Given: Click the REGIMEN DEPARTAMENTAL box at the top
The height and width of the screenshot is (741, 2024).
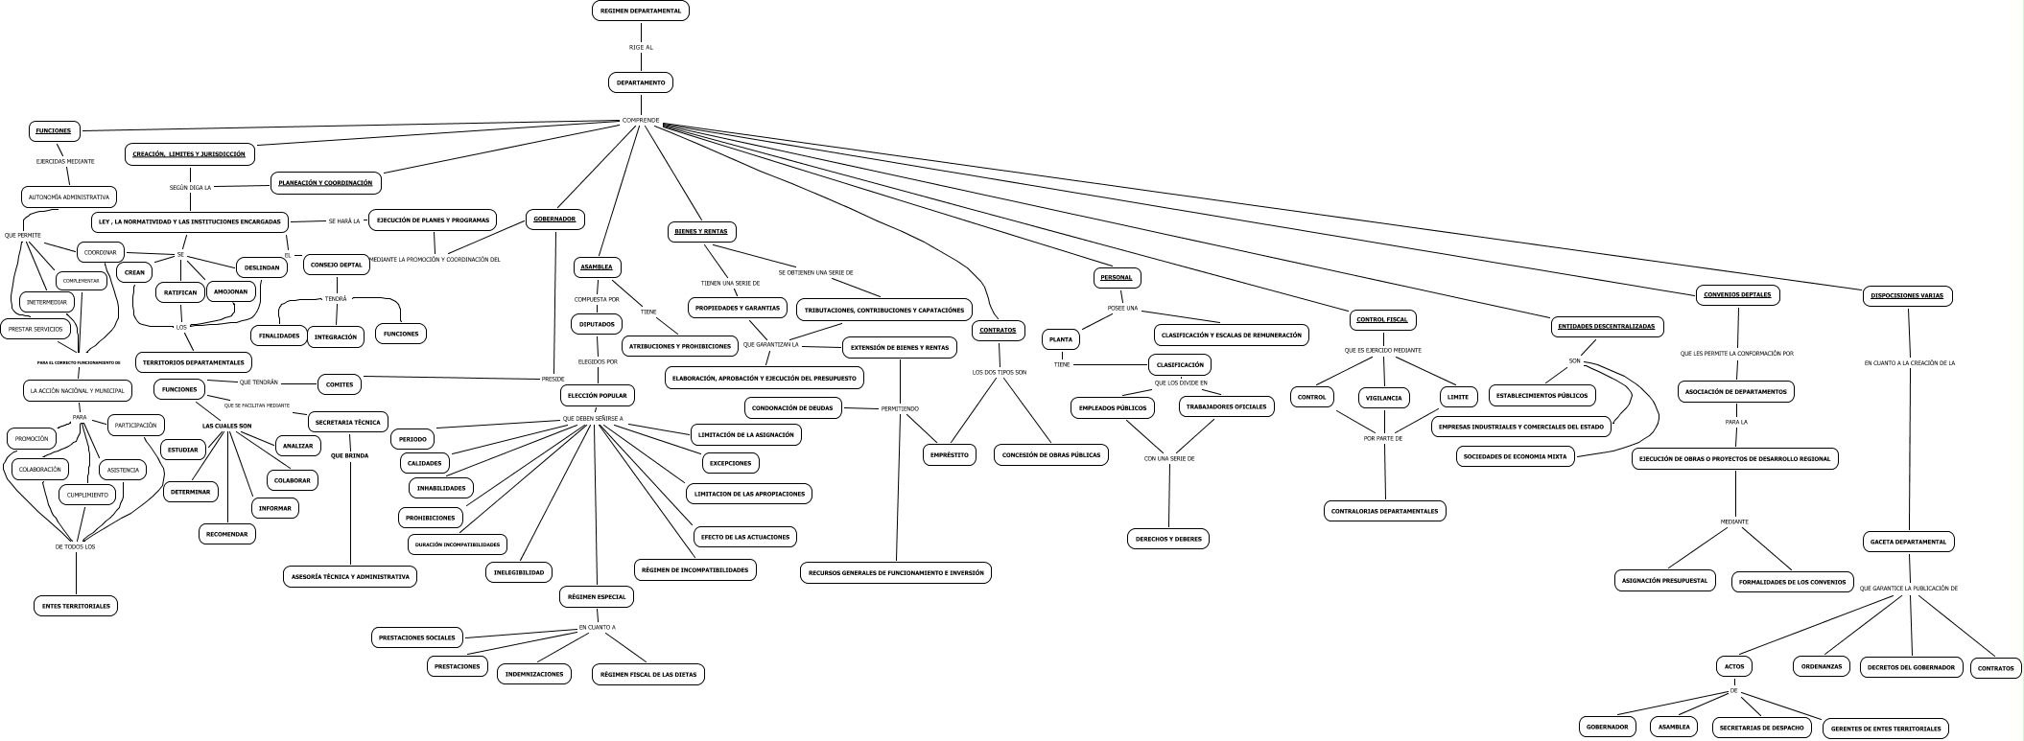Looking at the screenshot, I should (640, 11).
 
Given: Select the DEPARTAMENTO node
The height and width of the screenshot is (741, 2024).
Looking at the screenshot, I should (641, 82).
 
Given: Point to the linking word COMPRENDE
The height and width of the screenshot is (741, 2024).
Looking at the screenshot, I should (641, 120).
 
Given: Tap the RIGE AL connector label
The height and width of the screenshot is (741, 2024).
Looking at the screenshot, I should (641, 47).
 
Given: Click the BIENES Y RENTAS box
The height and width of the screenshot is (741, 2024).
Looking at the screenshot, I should (701, 231).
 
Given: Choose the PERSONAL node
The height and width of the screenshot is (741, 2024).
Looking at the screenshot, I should (1117, 277).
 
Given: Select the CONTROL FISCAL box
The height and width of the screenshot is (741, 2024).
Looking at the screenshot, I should (1382, 319).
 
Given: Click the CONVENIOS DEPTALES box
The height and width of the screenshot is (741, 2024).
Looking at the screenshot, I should (1737, 294).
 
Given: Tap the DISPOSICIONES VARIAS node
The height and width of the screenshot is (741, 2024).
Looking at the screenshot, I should (1907, 295).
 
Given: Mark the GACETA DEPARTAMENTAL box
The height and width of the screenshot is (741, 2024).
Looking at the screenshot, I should (1909, 542).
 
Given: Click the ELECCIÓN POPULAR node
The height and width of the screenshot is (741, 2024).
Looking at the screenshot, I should (598, 394).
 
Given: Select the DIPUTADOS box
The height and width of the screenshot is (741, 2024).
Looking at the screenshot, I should (597, 324).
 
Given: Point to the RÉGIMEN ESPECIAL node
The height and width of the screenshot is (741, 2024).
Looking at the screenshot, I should (597, 596).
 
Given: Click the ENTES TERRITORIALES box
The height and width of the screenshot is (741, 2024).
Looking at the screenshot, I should (76, 606).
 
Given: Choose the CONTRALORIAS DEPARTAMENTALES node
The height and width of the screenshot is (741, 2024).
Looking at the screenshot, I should (1384, 511).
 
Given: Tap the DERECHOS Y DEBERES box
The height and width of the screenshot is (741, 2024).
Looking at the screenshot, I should (1168, 539).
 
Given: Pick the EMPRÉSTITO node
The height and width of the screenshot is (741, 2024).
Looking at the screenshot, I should (949, 454).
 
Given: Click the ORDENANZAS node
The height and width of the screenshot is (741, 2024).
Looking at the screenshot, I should (1821, 666).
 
